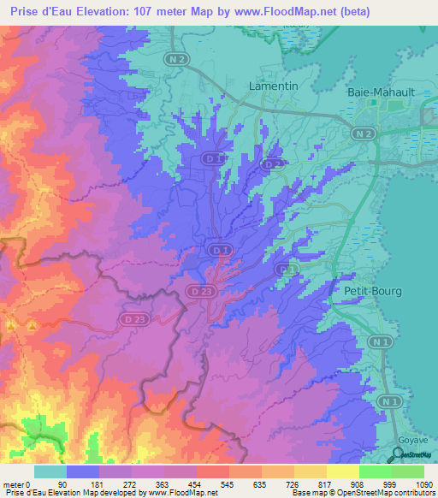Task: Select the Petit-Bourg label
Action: point(372,291)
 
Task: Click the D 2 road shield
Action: point(272,163)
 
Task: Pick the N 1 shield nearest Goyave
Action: point(390,401)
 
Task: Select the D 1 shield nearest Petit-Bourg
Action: point(287,270)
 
